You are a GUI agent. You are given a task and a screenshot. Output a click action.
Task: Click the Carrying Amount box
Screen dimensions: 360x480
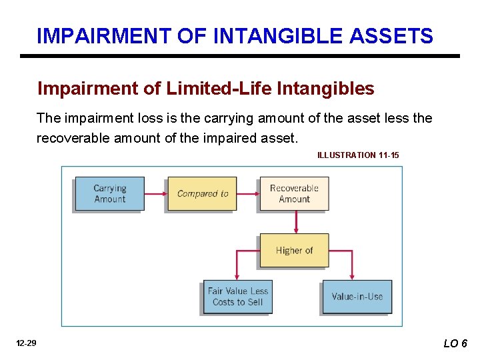click(110, 193)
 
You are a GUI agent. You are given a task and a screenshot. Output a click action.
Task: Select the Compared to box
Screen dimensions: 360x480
click(202, 193)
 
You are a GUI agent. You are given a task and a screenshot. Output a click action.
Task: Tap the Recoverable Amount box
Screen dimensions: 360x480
click(294, 193)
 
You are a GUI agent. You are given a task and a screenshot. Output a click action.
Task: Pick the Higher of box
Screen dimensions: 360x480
click(294, 251)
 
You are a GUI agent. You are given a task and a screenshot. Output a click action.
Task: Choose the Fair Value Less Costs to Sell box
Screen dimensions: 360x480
click(237, 297)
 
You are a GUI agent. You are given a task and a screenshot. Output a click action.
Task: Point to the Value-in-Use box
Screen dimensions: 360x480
click(357, 297)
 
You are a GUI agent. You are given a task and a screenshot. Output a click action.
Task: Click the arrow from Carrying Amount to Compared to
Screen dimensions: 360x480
click(155, 194)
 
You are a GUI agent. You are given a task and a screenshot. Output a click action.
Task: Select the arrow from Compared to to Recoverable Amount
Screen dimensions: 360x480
click(247, 194)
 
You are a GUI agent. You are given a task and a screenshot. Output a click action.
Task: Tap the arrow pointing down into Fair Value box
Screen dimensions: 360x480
click(237, 267)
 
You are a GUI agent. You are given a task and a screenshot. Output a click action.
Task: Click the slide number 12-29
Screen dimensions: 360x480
click(27, 343)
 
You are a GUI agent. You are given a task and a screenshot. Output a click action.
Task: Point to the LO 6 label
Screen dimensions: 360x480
click(455, 343)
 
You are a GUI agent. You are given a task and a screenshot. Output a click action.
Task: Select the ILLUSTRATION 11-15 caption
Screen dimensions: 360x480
click(358, 155)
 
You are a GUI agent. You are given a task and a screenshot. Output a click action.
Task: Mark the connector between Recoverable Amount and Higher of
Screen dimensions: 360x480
click(294, 222)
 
